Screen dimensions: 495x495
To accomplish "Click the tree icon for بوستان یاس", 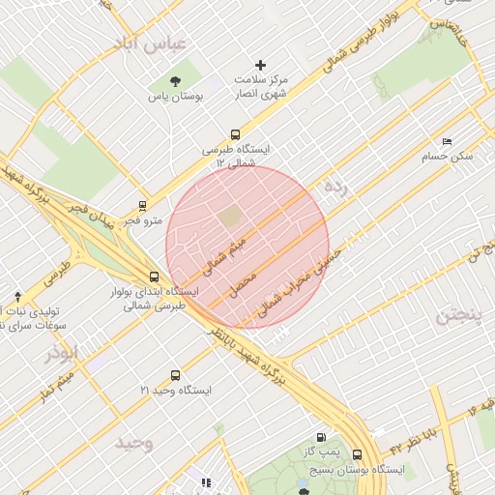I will coord(175,81).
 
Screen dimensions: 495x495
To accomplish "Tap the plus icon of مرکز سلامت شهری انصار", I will coord(260,65).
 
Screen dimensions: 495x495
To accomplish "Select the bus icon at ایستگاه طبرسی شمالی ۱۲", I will coord(235,135).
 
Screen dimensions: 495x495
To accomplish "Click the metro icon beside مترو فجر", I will coord(143,205).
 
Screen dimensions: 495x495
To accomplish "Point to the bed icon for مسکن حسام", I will coord(446,141).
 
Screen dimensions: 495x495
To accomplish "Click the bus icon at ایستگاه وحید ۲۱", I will coord(175,375).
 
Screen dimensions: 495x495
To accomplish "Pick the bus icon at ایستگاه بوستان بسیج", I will coord(357,454).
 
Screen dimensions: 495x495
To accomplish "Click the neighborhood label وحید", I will coord(134,443).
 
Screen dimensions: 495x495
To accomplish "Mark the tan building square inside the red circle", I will coord(230,217).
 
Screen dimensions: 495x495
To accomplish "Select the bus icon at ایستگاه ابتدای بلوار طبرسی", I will coord(155,277).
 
